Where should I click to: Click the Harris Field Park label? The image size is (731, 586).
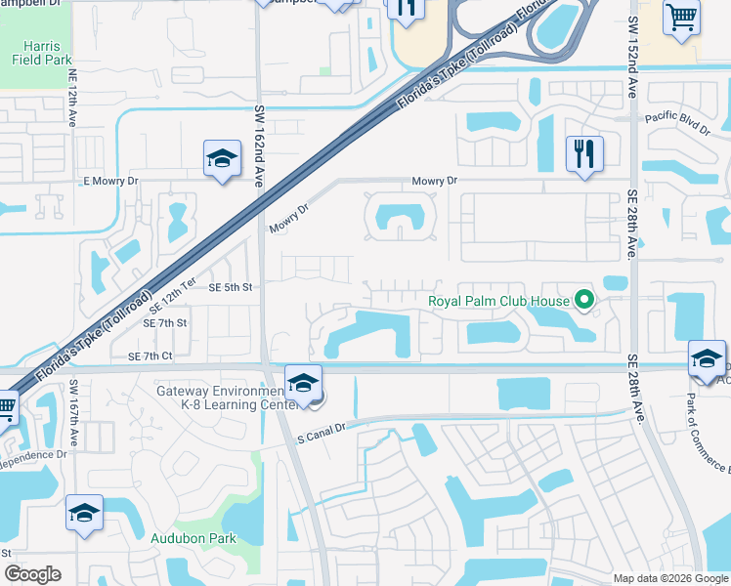click(x=36, y=52)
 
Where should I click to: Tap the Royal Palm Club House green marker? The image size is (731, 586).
click(x=584, y=300)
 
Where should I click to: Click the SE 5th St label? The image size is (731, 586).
click(x=231, y=287)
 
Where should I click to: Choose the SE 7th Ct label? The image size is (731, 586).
click(x=150, y=356)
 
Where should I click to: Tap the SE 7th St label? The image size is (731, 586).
click(x=164, y=322)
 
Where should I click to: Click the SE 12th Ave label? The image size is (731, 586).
click(x=73, y=105)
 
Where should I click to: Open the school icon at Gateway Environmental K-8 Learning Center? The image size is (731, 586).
click(x=304, y=382)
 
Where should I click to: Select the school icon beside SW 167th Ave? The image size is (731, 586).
click(x=85, y=513)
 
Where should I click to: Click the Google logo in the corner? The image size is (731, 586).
click(x=33, y=574)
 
